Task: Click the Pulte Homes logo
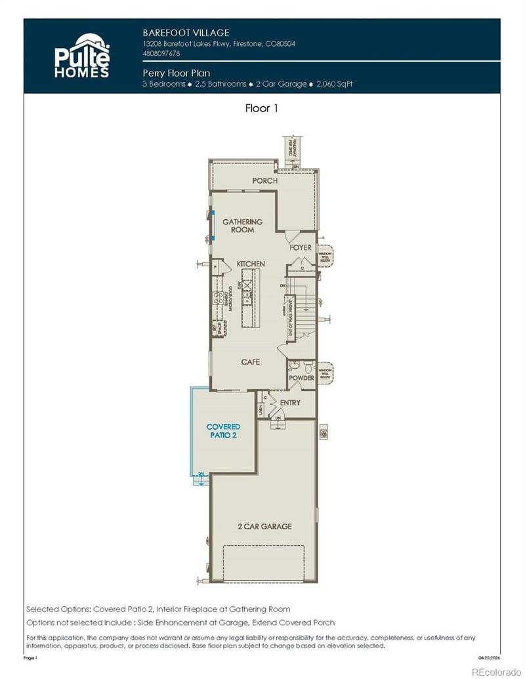tap(81, 55)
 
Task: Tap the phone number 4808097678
tap(161, 53)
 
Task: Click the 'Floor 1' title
tap(261, 108)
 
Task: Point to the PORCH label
tap(265, 180)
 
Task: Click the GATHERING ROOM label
tap(242, 226)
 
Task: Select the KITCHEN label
tap(251, 264)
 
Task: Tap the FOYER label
tap(301, 247)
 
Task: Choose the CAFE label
tap(251, 361)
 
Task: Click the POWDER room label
tap(301, 378)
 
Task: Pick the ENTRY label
tap(290, 403)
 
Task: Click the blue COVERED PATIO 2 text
tap(224, 431)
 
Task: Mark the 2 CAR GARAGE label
tap(264, 526)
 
